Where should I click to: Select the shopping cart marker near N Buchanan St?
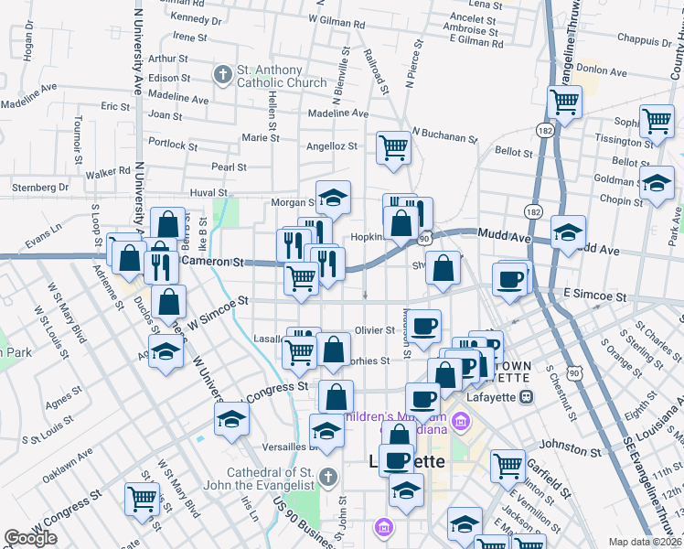click(x=393, y=146)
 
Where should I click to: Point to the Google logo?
click(x=30, y=538)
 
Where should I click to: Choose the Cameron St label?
click(x=215, y=262)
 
